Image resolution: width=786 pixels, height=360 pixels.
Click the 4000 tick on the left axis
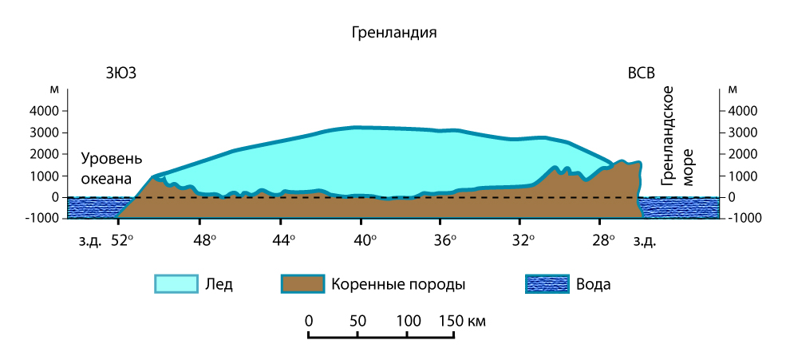(45, 111)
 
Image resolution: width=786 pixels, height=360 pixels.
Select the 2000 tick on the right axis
(741, 154)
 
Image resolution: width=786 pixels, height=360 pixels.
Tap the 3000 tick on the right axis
(741, 133)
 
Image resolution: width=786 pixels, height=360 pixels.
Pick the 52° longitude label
(122, 239)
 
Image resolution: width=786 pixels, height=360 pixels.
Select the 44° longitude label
(283, 239)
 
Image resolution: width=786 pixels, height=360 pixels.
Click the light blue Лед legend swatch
(175, 284)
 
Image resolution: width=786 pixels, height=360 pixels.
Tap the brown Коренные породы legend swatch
(302, 284)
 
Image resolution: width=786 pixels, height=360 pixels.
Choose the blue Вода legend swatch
(547, 284)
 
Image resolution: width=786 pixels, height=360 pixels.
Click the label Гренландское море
(677, 137)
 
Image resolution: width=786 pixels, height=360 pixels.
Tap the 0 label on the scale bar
(308, 321)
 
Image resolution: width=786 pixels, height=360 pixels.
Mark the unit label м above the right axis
(733, 89)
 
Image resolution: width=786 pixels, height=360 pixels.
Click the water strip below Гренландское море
(678, 207)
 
